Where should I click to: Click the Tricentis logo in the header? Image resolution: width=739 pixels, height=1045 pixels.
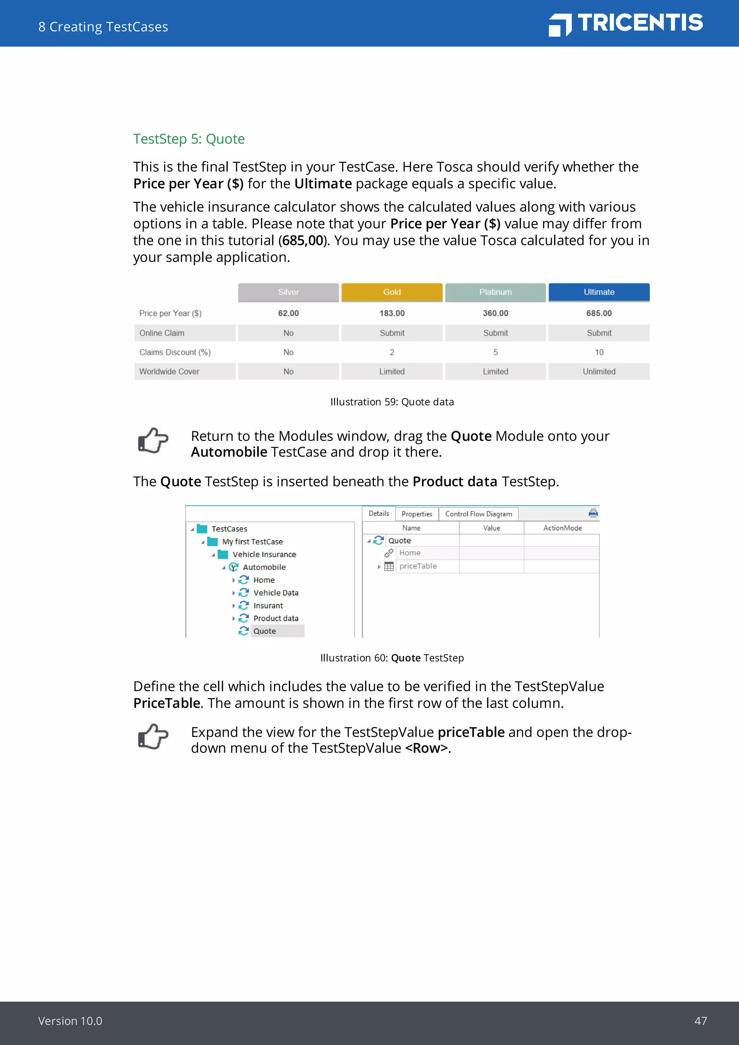point(626,24)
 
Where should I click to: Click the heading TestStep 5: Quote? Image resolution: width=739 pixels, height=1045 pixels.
point(188,139)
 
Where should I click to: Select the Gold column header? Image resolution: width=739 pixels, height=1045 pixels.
point(392,292)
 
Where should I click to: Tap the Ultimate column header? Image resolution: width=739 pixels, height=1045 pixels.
point(599,292)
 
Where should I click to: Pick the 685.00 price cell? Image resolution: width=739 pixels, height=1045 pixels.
point(599,313)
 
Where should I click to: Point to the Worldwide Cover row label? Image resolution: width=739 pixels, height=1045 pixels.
point(169,371)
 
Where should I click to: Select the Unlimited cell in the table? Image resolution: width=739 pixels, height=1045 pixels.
point(599,371)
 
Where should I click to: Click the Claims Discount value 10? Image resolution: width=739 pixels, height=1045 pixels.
point(599,352)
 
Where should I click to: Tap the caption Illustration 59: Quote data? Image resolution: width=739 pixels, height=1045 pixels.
point(392,402)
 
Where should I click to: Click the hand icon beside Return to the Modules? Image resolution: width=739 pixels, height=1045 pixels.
point(153,441)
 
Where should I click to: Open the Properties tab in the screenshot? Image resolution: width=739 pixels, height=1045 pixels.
point(416,514)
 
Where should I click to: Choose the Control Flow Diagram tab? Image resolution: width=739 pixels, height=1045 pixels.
point(478,514)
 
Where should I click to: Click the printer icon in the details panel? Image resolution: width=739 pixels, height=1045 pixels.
point(593,513)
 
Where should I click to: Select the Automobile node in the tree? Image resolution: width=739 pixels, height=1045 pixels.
point(264,567)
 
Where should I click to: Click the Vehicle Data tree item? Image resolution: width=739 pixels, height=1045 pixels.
point(275,593)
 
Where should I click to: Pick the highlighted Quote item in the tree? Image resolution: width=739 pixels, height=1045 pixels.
point(265,631)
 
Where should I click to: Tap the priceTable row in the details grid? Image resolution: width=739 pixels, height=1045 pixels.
point(418,566)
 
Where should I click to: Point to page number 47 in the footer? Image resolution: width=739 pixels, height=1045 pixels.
point(700,1021)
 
